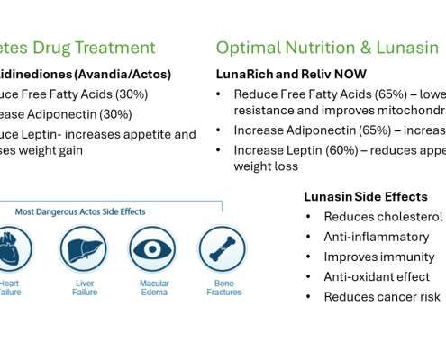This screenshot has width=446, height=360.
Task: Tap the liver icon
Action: (84, 249)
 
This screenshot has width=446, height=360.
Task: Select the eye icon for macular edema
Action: (152, 249)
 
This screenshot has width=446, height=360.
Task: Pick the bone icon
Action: (222, 249)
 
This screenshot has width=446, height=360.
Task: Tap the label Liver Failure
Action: (85, 287)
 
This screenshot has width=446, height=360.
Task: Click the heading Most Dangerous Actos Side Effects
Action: (80, 212)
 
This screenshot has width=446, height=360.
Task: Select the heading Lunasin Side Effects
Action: (366, 196)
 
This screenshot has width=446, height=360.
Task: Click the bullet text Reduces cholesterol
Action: (383, 217)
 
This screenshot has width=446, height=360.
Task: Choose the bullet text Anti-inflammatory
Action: (376, 237)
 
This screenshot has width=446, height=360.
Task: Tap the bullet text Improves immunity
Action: (377, 256)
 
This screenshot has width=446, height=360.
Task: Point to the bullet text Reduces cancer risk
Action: (382, 296)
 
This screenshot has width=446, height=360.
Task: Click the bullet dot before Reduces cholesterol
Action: (309, 217)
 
